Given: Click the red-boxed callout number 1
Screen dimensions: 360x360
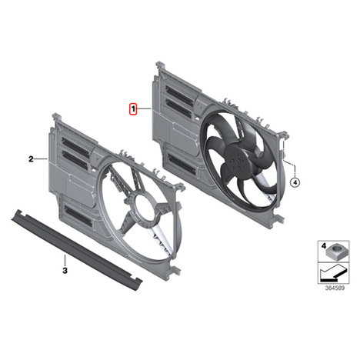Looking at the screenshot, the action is coord(133,109).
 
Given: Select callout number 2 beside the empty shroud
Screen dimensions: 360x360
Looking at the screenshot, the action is coord(31,159).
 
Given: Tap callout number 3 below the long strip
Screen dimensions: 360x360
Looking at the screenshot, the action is coord(65,270).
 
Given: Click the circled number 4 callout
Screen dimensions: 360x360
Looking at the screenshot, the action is coord(295,182).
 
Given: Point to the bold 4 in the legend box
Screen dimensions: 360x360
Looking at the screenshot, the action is coord(324,246).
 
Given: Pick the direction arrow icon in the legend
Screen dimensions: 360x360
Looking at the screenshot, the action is coord(333,272).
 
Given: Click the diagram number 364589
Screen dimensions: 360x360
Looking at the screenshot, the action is coord(335,288).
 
